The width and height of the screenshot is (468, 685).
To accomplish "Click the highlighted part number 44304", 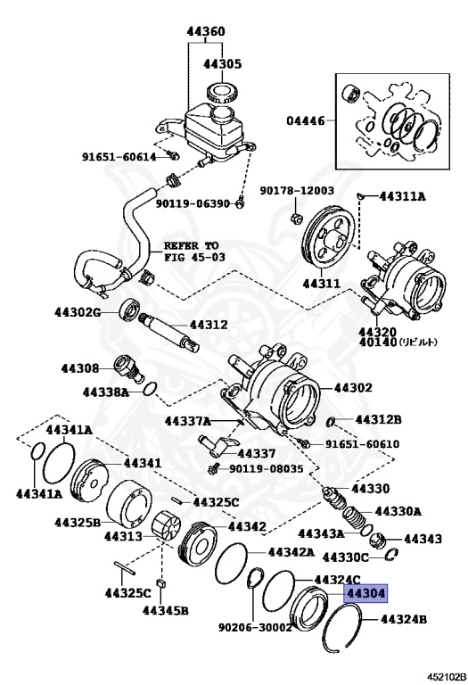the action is click(365, 593).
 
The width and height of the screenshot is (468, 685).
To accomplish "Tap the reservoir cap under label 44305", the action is click(221, 93).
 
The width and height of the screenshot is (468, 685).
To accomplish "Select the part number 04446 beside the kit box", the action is click(306, 120).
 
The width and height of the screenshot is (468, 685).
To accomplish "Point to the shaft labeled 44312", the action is click(169, 331).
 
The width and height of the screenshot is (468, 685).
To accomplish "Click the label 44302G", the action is click(77, 312).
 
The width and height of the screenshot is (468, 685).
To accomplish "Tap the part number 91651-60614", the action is click(119, 156).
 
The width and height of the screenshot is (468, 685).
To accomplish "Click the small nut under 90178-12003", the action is click(296, 218).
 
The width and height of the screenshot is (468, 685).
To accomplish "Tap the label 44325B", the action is click(78, 522).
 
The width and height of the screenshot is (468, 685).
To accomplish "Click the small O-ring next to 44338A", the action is click(150, 387).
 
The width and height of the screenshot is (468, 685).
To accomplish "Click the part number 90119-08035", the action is click(267, 469).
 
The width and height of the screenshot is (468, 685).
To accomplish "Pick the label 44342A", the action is click(291, 552).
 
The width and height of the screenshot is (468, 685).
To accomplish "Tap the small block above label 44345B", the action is click(161, 584).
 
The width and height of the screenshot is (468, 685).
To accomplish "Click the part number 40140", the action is click(378, 342).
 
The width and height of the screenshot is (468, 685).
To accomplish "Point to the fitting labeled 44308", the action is click(126, 369).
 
